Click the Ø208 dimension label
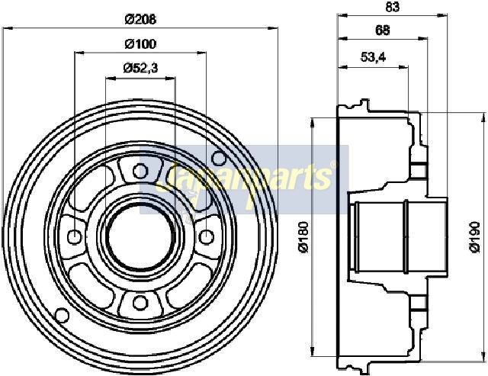pyautogui.click(x=140, y=20)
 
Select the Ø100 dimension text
pyautogui.click(x=140, y=44)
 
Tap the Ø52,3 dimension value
pyautogui.click(x=140, y=68)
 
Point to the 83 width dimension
pyautogui.click(x=392, y=7)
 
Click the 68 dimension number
pyautogui.click(x=383, y=31)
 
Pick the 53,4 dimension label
pyautogui.click(x=373, y=57)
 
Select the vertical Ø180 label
pyautogui.click(x=303, y=236)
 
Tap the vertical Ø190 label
pyautogui.click(x=475, y=236)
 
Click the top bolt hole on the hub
pyautogui.click(x=140, y=171)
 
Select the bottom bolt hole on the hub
pyautogui.click(x=140, y=303)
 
